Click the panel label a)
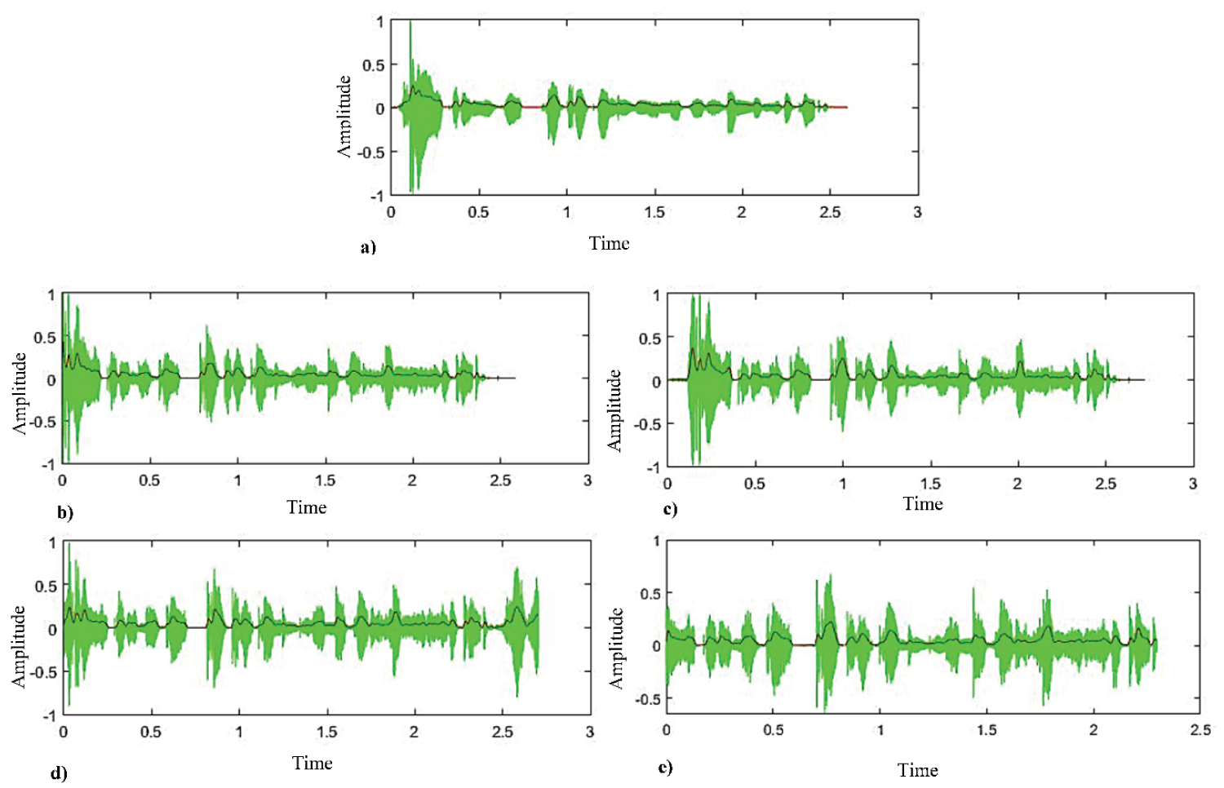tap(368, 247)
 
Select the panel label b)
tap(65, 513)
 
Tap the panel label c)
tap(670, 510)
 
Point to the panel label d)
tap(59, 773)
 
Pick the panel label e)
tap(665, 767)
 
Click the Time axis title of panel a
tap(610, 243)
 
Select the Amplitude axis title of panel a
tap(344, 116)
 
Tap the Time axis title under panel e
tap(918, 770)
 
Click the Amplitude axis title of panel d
tap(19, 645)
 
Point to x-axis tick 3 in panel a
tap(918, 212)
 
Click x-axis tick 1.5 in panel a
tap(654, 212)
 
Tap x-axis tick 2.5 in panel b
tap(500, 480)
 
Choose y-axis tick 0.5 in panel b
tap(45, 337)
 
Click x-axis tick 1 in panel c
tap(843, 484)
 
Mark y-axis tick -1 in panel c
tap(653, 467)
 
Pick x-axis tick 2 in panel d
tap(414, 732)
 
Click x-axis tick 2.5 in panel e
tap(1200, 729)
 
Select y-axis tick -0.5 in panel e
tap(650, 699)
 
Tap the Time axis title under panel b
tap(307, 507)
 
